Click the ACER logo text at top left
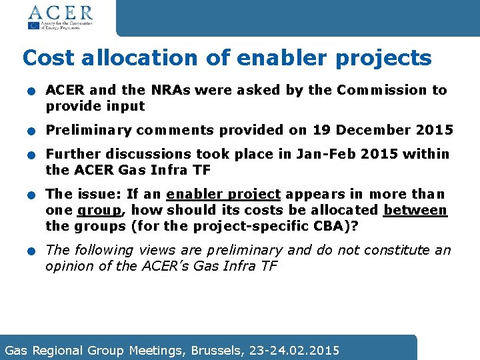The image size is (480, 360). point(60,12)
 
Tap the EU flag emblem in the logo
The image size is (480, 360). point(33,26)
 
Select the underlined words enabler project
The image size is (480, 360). point(223,195)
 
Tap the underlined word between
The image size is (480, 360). point(415,211)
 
